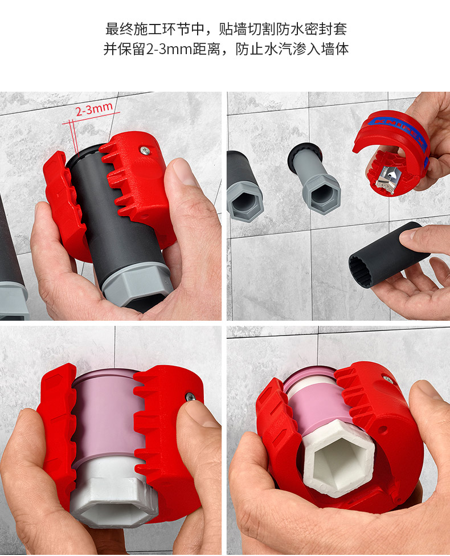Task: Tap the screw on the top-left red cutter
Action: tap(145, 151)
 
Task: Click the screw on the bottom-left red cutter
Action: tap(191, 396)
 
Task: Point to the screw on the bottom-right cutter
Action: tap(388, 380)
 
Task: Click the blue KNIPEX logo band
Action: tap(398, 130)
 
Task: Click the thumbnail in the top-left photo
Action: tap(183, 173)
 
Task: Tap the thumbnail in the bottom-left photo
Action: tap(199, 413)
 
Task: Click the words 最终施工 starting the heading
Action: tap(133, 29)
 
